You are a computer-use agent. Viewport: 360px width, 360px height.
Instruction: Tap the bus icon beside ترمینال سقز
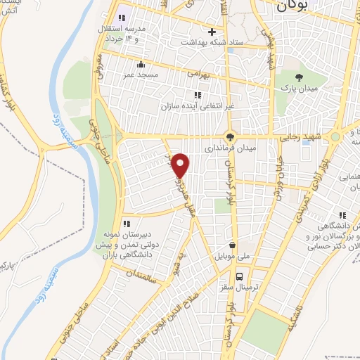[240, 276]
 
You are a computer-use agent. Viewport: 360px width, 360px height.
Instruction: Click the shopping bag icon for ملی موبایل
[233, 236]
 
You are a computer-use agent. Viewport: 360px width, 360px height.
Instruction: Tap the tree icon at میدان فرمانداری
[229, 136]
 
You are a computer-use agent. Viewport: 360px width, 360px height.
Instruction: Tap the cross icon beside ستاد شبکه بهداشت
[212, 32]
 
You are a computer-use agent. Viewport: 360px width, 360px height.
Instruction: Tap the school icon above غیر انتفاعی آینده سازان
[197, 94]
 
